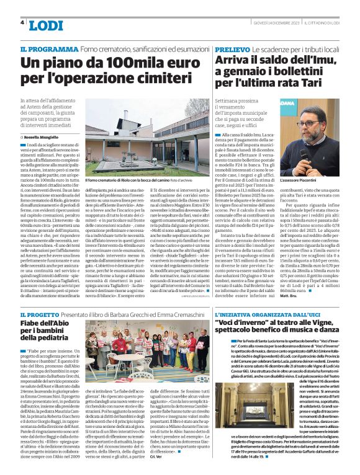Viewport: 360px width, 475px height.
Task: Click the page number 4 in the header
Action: (x=22, y=22)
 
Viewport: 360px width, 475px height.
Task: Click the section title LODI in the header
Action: (x=46, y=25)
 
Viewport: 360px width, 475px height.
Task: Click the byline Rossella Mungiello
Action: (x=43, y=137)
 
